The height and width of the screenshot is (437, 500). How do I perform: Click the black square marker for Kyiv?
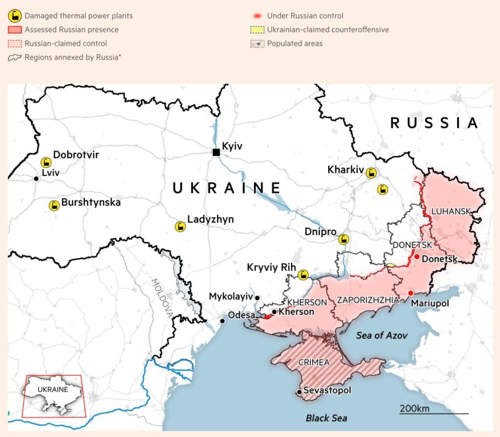click(216, 152)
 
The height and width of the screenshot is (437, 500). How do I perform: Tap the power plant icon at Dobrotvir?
click(46, 162)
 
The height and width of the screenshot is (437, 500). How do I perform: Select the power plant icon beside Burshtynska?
click(54, 205)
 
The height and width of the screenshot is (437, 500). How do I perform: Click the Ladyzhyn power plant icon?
click(180, 227)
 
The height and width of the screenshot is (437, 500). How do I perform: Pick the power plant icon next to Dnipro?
click(344, 239)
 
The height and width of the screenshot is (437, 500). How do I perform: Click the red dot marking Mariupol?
click(411, 293)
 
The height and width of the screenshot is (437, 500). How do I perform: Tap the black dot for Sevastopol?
click(299, 392)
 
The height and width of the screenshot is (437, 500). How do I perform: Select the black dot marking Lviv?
click(36, 179)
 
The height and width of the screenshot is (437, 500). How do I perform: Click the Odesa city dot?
click(223, 321)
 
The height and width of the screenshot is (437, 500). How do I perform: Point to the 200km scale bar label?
click(415, 408)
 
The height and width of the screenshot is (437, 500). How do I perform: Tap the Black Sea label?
click(326, 418)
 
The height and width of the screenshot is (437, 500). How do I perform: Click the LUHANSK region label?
click(451, 211)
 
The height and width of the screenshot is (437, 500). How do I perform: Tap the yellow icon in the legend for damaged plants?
click(14, 16)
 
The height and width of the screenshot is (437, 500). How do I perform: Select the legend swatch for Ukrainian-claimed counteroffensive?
click(257, 30)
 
